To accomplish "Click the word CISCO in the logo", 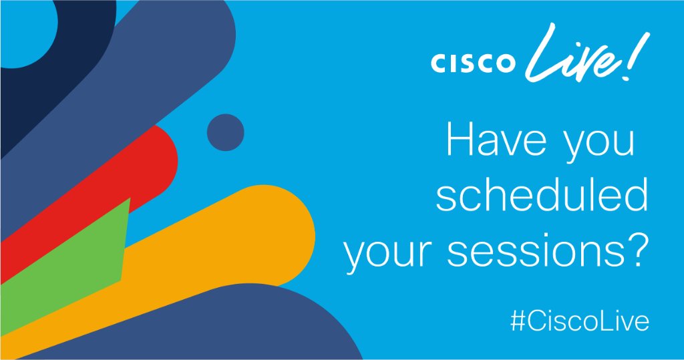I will point(473,63).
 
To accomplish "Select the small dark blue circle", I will point(225,132).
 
